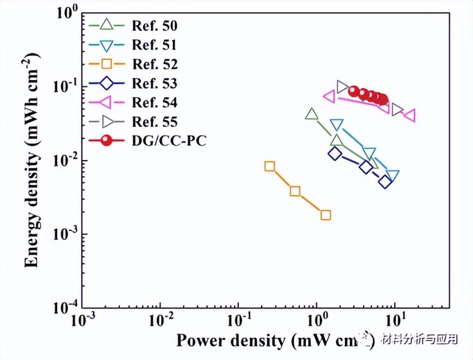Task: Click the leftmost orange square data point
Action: point(270,166)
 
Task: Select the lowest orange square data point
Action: point(326,215)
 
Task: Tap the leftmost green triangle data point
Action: point(312,114)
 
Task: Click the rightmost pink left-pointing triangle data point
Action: point(410,116)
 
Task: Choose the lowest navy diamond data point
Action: point(385,182)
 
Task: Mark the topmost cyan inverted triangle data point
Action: point(337,125)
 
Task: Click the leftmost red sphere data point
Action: point(354,91)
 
